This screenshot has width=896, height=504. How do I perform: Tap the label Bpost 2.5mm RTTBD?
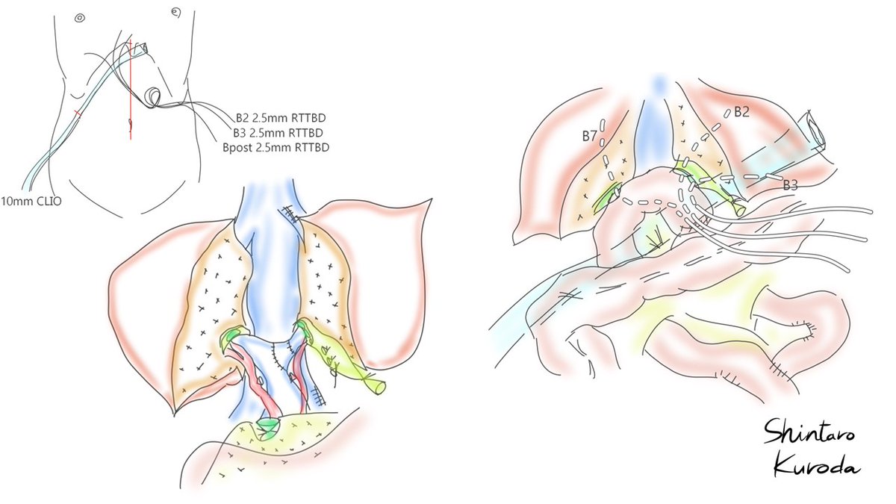pyautogui.click(x=276, y=148)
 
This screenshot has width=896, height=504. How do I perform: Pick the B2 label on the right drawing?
pyautogui.click(x=741, y=112)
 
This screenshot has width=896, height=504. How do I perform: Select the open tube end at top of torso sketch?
pyautogui.click(x=143, y=46)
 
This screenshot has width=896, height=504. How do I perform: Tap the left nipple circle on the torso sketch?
pyautogui.click(x=80, y=17)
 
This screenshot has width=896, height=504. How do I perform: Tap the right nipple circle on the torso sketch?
pyautogui.click(x=175, y=12)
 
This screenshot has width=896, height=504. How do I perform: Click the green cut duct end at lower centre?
pyautogui.click(x=267, y=428)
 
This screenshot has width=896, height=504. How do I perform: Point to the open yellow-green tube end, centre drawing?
pyautogui.click(x=379, y=386)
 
